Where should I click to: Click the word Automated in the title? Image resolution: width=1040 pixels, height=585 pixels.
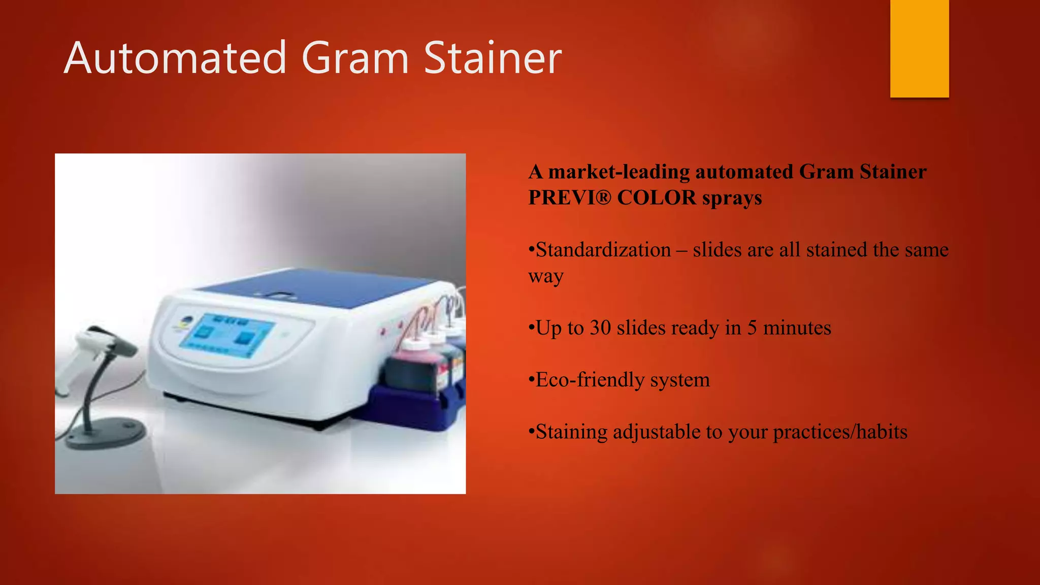175,58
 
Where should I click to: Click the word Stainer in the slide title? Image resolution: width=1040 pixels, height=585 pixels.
493,58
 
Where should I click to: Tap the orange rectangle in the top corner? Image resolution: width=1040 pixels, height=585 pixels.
919,48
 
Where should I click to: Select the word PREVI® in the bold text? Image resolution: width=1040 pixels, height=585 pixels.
569,198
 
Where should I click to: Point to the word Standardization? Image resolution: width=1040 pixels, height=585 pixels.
603,250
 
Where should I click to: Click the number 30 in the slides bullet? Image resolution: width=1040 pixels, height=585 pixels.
600,328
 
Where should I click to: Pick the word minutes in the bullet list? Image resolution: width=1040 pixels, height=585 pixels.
797,328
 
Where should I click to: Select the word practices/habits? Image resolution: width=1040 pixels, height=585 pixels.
840,432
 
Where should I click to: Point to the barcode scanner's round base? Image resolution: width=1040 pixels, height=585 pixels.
107,432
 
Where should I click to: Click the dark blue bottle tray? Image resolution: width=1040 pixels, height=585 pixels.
411,406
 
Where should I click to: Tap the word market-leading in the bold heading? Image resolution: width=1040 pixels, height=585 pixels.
619,172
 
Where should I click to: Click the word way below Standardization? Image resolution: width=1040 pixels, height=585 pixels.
546,276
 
